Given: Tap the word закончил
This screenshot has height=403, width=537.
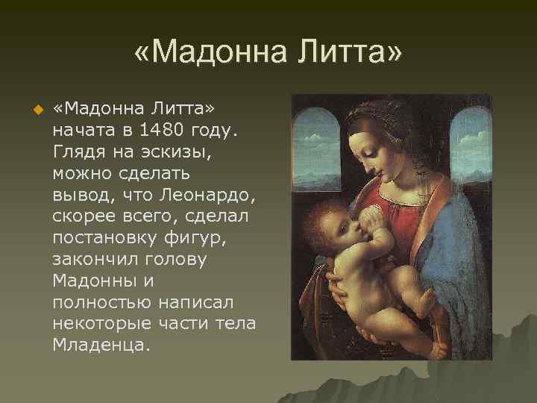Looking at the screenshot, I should coord(92,260).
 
